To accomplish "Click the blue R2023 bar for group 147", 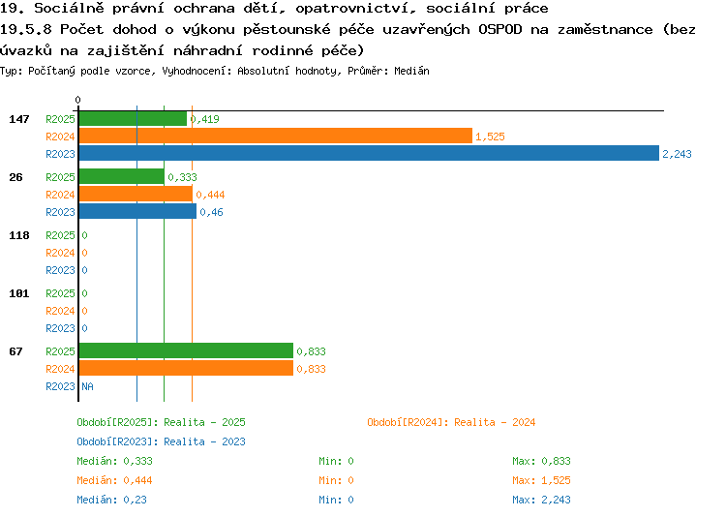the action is tap(369, 153).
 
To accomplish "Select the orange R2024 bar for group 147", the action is tap(276, 136).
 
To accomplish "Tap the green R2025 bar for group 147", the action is tap(133, 118).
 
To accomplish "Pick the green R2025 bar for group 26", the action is tap(122, 176).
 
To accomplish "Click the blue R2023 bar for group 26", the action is tap(137, 211).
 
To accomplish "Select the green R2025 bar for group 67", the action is tap(186, 350).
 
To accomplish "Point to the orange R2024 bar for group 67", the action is tap(186, 368).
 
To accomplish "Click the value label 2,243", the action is tap(677, 154).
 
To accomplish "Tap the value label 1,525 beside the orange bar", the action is tap(490, 137).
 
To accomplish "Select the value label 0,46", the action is tap(212, 212).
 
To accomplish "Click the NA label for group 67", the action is tap(87, 386).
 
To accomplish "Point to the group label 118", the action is tap(19, 235).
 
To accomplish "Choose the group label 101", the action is tap(19, 293).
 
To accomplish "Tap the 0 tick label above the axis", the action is tap(77, 100).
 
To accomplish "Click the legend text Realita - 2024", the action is tap(495, 422).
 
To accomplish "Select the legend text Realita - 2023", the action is tap(204, 441).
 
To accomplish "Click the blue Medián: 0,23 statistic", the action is tap(111, 500).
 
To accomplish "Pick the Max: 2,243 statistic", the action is tap(541, 500).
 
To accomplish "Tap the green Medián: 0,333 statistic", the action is tap(114, 461).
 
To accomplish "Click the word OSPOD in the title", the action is tap(500, 29).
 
